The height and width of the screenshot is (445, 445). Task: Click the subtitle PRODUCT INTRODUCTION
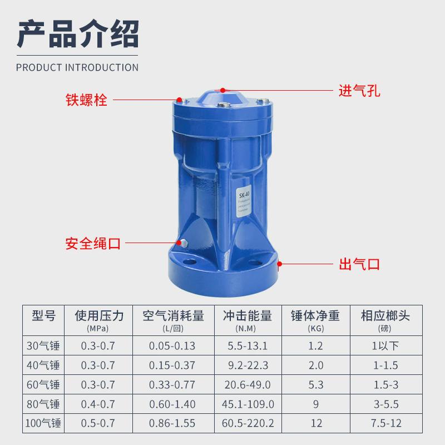77,68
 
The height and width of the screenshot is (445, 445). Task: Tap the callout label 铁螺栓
86,101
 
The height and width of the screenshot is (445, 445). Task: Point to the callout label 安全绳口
93,243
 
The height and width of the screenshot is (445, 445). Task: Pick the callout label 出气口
359,263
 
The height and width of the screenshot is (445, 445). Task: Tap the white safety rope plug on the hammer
182,243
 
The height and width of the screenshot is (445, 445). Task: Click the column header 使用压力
99,317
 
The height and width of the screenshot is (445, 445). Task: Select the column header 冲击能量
248,317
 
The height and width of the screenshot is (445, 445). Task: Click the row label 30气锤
43,346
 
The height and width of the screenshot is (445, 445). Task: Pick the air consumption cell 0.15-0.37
172,365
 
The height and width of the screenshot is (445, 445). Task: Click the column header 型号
43,317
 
